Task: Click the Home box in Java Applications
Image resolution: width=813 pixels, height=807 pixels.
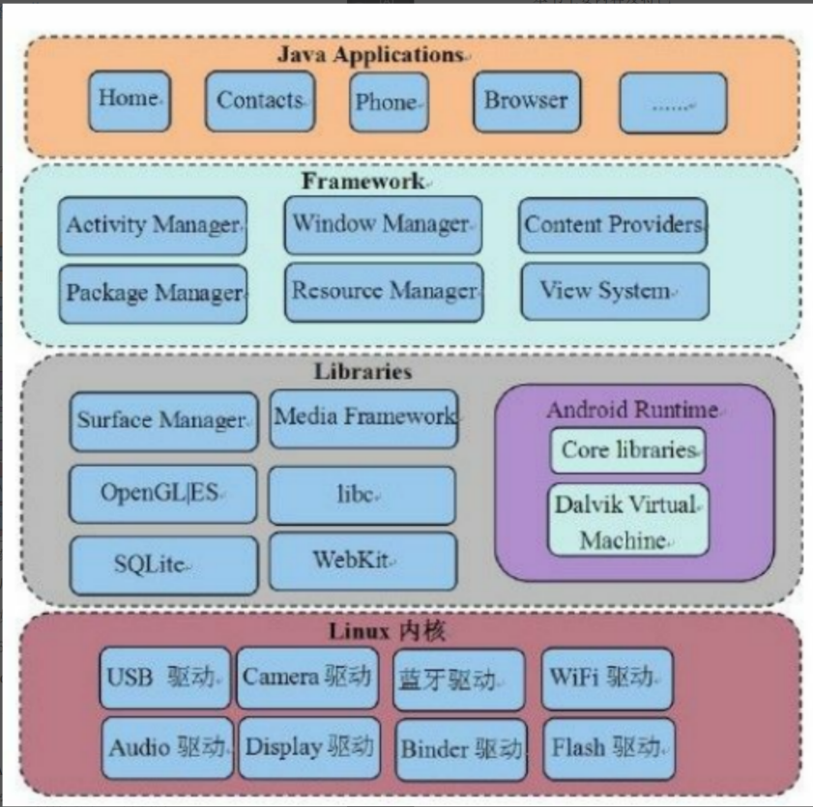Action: [x=129, y=101]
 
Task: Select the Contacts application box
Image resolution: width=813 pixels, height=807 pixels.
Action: [x=260, y=101]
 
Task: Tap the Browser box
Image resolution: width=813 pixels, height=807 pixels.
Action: [x=525, y=101]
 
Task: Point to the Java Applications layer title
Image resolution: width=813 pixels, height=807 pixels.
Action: [x=370, y=55]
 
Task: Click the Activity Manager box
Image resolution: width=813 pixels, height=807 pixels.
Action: [x=153, y=225]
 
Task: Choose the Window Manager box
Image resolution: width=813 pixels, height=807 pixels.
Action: [x=382, y=224]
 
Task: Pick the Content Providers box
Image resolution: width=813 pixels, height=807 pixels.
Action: [x=613, y=224]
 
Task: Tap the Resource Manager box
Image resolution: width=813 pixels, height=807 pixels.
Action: [x=384, y=291]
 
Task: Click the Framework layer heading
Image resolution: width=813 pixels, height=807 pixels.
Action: [x=362, y=181]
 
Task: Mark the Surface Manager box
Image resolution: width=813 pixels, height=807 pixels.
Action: [x=162, y=420]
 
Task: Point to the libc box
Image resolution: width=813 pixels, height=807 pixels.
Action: [x=362, y=495]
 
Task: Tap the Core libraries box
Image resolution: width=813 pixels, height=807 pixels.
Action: [x=628, y=450]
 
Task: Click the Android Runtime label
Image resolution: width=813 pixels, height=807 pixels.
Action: [x=632, y=410]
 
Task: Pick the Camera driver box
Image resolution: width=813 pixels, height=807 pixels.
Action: [x=306, y=677]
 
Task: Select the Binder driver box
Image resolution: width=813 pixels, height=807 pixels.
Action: [x=461, y=749]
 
